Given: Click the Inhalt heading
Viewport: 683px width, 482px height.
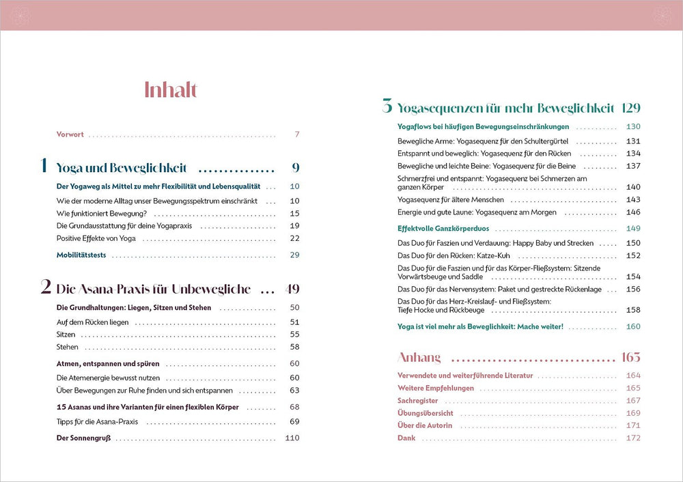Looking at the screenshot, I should pos(171,90).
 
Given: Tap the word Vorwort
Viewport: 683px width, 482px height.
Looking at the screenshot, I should pos(70,134).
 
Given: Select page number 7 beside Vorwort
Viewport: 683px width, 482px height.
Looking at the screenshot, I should pos(297,134).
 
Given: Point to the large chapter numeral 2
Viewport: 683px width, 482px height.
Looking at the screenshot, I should pos(46,287).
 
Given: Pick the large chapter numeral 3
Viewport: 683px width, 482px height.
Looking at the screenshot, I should pos(387,107).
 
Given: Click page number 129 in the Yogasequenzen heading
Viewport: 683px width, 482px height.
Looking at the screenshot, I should pos(630,108).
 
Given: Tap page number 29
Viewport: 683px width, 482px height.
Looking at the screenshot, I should pos(294,255).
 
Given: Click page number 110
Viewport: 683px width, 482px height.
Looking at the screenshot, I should pos(292,438).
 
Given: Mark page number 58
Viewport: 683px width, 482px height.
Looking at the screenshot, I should pos(294,348).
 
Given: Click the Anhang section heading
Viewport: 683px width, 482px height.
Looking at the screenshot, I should pos(419,358).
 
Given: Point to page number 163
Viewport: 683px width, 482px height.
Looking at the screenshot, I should pos(630,358).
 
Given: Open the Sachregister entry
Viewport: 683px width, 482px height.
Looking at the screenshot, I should pos(418,401).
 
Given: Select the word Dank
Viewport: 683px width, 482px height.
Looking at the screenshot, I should pos(406,438).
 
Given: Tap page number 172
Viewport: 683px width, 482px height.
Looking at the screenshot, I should pos(633,438).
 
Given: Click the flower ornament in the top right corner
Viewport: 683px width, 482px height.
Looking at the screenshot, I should pos(663,15).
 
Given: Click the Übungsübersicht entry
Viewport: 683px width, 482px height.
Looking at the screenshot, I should pos(426,413).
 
